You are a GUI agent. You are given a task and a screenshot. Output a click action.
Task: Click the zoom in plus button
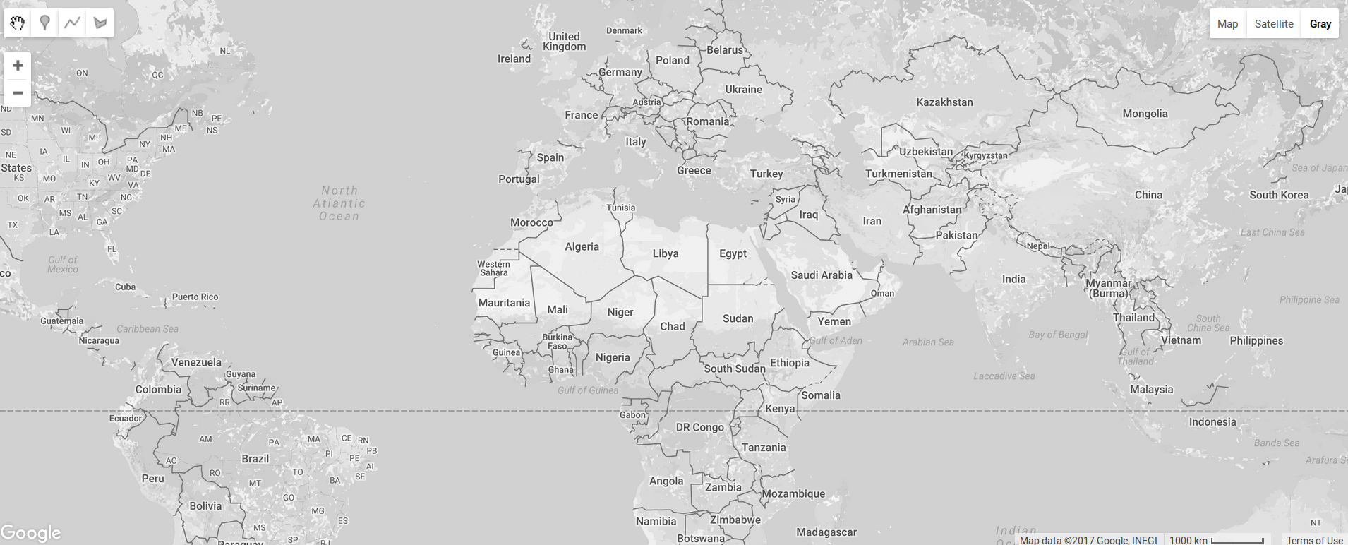pyautogui.click(x=18, y=66)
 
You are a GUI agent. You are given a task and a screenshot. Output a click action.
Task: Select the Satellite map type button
pyautogui.click(x=1274, y=24)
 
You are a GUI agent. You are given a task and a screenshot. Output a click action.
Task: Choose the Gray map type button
pyautogui.click(x=1320, y=24)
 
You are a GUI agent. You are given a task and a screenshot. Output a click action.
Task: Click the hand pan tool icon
pyautogui.click(x=18, y=23)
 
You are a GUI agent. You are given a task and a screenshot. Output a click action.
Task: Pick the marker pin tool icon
pyautogui.click(x=44, y=23)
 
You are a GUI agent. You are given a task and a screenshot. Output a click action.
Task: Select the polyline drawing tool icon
pyautogui.click(x=72, y=23)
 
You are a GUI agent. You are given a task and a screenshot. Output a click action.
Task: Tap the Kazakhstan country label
pyautogui.click(x=944, y=102)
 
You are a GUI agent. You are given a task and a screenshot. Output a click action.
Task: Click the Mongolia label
pyautogui.click(x=1145, y=114)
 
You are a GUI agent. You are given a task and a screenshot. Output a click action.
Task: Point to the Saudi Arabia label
pyautogui.click(x=822, y=275)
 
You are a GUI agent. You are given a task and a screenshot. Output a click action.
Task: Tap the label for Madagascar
pyautogui.click(x=826, y=532)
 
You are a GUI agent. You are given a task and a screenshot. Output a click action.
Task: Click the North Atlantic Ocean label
pyautogui.click(x=339, y=203)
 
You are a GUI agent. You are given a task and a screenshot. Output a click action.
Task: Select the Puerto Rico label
pyautogui.click(x=195, y=297)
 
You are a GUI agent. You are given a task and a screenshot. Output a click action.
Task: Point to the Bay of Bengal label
pyautogui.click(x=1058, y=335)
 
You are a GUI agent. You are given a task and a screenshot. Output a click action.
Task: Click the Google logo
pyautogui.click(x=31, y=533)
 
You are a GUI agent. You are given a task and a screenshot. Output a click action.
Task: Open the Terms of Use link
pyautogui.click(x=1314, y=540)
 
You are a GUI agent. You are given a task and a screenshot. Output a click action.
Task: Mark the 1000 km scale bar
pyautogui.click(x=1237, y=541)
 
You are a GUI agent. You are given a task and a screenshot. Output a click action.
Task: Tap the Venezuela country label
pyautogui.click(x=196, y=362)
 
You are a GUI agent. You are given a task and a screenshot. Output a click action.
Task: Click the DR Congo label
pyautogui.click(x=699, y=427)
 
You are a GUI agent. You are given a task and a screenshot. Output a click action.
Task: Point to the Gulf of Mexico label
pyautogui.click(x=63, y=264)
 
